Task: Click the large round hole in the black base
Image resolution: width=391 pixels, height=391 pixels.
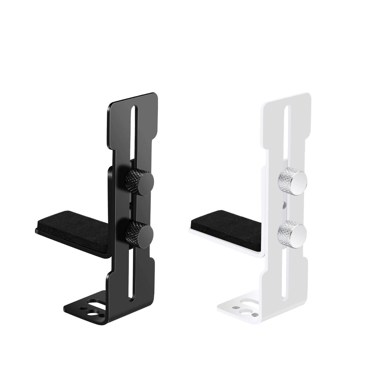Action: point(92,313)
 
